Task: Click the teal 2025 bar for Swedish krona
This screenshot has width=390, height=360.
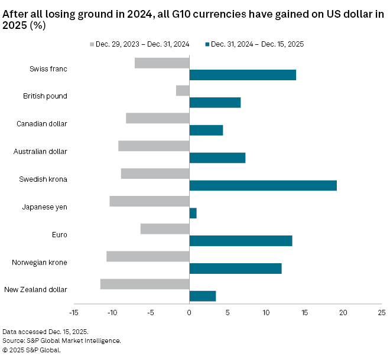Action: pos(263,185)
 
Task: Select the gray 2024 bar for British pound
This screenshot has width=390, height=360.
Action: pos(183,90)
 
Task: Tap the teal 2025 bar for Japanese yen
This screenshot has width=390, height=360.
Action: pos(193,213)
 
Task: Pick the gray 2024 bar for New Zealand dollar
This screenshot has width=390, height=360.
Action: pos(145,284)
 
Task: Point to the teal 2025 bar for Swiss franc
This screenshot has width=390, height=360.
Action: pos(242,75)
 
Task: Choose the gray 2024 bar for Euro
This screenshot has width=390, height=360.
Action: pos(165,228)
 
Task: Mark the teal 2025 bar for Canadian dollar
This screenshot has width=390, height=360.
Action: pos(206,130)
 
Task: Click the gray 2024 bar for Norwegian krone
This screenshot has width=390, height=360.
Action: pos(148,256)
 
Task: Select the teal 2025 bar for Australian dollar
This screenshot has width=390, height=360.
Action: pos(217,158)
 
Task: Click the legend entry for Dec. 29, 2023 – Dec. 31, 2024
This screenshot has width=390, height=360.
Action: pos(142,44)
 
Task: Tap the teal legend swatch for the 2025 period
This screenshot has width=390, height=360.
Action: pos(207,44)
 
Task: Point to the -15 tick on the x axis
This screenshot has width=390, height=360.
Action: pos(74,312)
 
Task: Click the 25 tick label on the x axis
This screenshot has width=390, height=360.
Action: pos(381,312)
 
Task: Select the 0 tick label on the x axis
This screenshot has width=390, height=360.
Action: pos(189,312)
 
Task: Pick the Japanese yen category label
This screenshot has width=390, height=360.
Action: pos(44,207)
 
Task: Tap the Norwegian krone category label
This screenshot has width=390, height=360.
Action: pos(39,262)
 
